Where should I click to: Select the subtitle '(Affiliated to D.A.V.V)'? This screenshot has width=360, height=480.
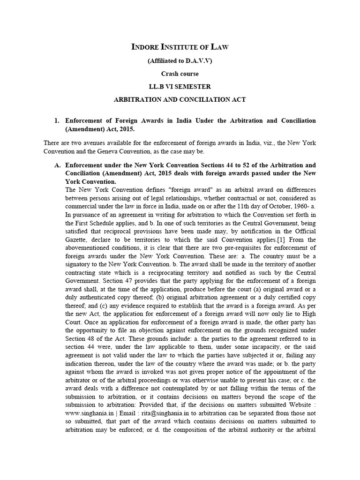[180, 61]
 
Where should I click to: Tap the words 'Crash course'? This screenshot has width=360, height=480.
[180, 74]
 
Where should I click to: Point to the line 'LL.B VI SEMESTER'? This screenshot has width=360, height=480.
[180, 86]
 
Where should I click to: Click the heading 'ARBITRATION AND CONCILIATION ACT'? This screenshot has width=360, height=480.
[180, 99]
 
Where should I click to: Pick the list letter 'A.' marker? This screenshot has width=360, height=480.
[58, 165]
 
